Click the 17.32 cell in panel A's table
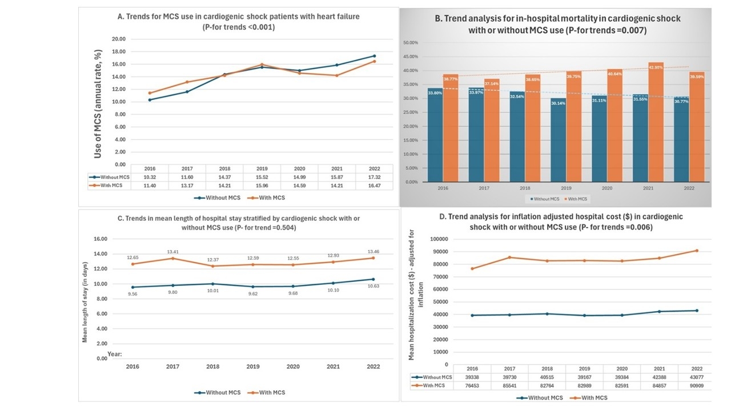coord(373,178)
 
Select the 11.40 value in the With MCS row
coord(150,186)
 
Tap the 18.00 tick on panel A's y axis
coord(118,51)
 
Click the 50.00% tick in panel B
coord(411,43)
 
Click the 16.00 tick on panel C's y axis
coord(100,239)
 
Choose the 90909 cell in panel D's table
coord(697,386)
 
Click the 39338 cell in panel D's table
coord(472,377)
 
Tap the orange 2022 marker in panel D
coord(697,251)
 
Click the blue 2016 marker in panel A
coord(150,100)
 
